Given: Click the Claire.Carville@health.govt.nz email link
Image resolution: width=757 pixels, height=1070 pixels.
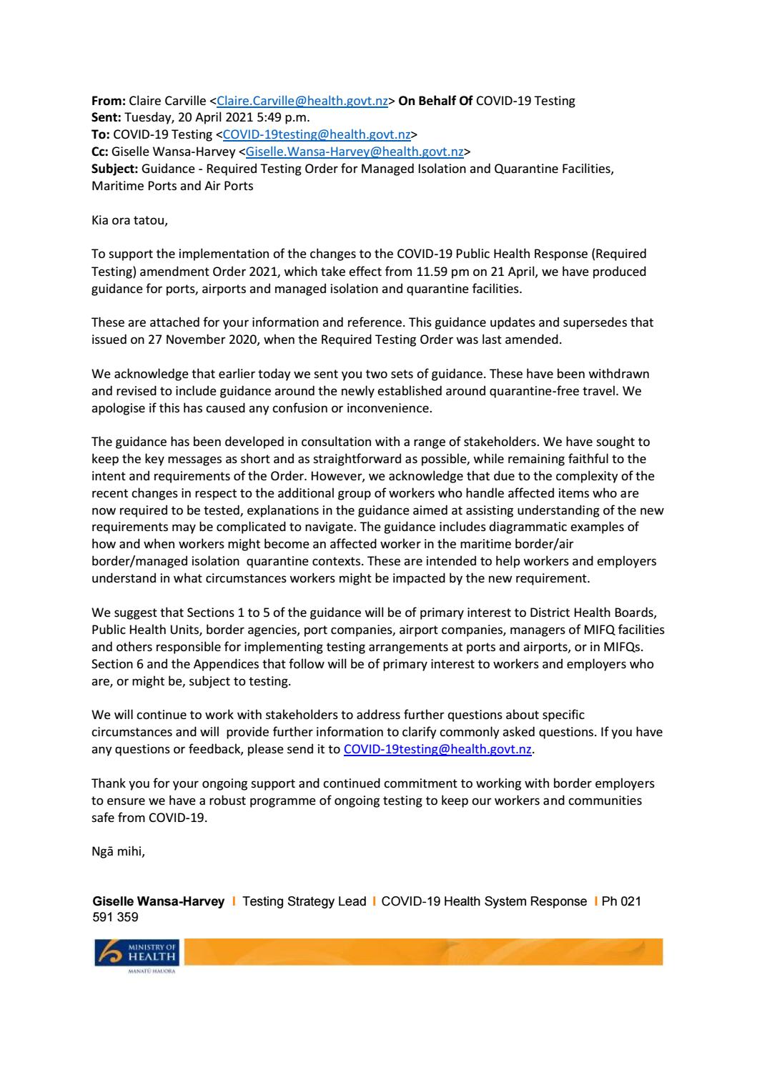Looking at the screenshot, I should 302,101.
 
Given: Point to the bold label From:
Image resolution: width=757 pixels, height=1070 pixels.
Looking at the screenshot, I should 109,101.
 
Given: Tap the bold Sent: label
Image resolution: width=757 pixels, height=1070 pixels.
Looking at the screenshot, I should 107,117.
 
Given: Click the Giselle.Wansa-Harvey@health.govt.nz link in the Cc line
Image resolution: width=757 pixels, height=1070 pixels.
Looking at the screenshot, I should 355,152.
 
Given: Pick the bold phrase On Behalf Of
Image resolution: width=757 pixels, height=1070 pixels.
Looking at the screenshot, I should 435,101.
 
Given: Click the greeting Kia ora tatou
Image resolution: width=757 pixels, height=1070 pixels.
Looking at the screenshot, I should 129,220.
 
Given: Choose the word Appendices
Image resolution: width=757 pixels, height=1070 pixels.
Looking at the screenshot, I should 214,664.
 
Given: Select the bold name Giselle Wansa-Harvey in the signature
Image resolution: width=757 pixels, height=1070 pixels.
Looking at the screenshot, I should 158,901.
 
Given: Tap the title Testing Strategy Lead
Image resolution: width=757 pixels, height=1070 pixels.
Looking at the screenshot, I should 304,901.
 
